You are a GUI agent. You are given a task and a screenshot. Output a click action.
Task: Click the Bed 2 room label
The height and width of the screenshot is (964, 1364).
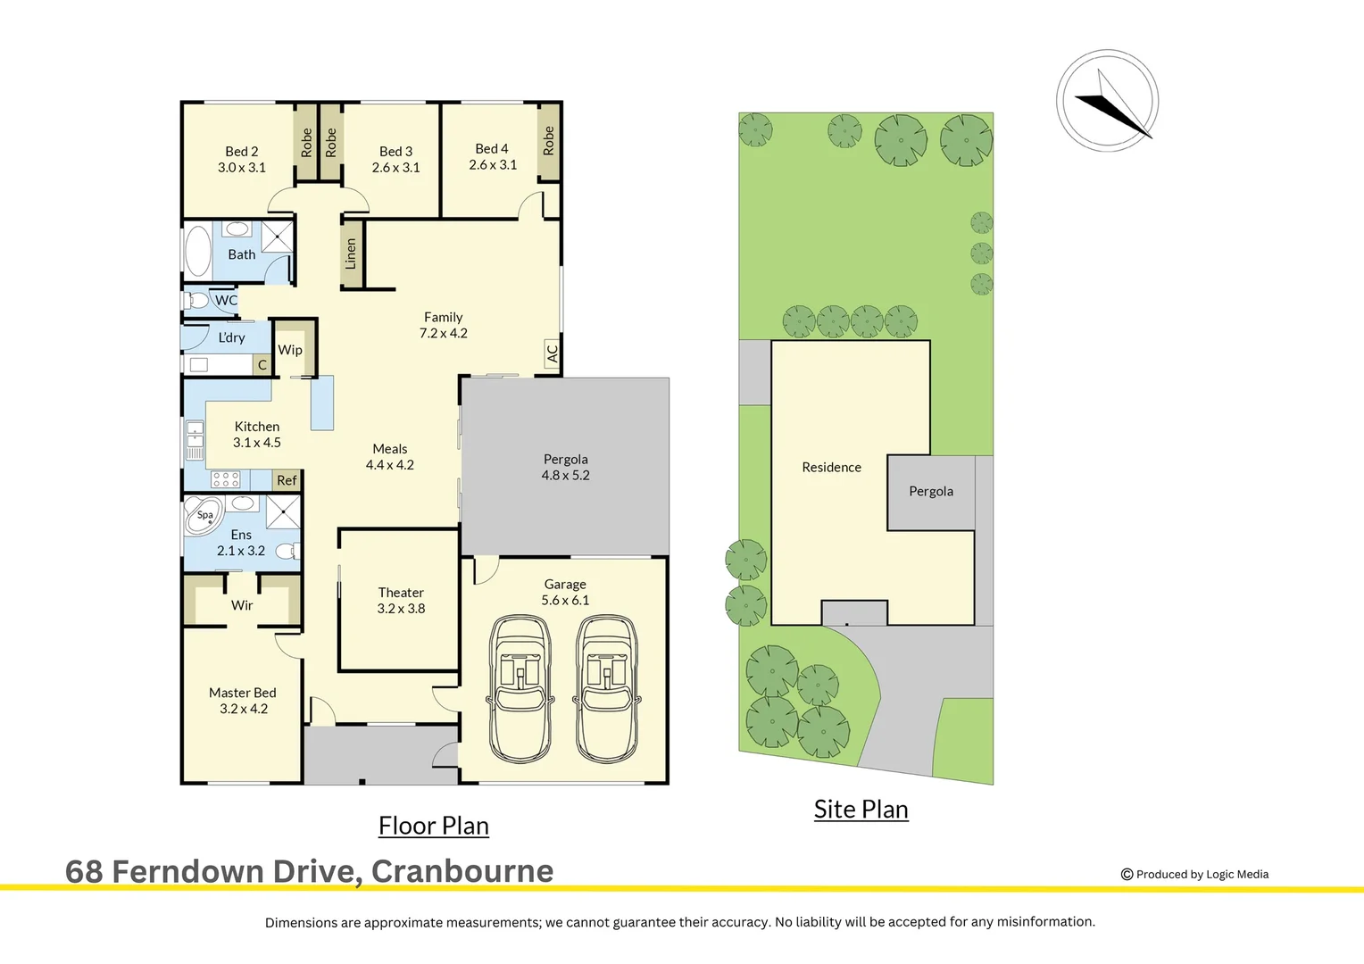coord(242,159)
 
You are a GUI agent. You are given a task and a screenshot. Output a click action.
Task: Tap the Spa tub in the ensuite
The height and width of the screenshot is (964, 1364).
coord(203,517)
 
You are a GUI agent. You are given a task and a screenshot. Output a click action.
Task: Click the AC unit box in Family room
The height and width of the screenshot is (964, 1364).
coord(552,354)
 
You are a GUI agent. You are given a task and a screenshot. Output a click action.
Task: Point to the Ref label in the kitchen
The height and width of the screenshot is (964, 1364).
coord(287,480)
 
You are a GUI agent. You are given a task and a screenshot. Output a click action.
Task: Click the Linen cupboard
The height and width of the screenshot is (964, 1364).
coord(352,254)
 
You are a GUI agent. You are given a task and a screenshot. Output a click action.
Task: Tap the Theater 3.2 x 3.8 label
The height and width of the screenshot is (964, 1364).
coord(401,601)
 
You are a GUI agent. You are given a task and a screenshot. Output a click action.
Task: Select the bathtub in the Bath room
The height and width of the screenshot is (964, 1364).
coord(197,251)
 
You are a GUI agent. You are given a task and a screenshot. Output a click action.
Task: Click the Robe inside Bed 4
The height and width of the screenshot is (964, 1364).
coord(548,141)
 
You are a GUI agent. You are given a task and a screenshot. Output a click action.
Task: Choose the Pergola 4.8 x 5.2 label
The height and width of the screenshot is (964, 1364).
coord(565,467)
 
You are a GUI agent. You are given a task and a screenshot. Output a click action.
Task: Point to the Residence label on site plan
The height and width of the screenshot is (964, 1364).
coord(831,467)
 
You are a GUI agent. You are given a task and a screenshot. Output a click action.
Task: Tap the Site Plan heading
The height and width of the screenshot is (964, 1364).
coord(861,809)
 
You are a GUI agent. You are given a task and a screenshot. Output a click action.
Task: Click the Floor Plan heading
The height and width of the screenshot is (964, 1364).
coord(433,826)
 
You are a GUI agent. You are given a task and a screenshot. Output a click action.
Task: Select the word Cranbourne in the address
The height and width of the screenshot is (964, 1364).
coord(462,871)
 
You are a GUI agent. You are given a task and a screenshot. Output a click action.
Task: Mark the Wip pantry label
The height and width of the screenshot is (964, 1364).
coord(290,350)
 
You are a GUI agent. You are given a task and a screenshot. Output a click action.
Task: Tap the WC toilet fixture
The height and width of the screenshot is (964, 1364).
coord(195,301)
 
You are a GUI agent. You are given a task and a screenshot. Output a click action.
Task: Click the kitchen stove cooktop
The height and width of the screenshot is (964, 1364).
coord(225,479)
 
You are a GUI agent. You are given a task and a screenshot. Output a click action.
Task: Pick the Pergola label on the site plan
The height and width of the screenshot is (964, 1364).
coord(930,491)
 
